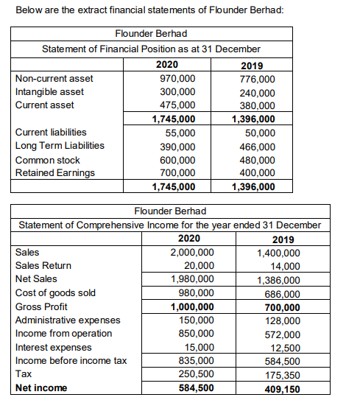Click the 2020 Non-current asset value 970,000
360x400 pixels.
pos(177,78)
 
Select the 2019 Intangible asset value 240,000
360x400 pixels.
pos(258,93)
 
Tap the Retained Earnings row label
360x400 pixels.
pos(55,173)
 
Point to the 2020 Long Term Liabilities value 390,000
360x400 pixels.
pos(177,146)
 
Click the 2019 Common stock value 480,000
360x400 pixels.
pos(258,160)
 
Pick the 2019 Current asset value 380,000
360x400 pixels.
pos(258,105)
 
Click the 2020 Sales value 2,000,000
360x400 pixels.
pos(193,252)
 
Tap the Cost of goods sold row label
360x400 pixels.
pos(55,292)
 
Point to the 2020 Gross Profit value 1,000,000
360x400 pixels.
pos(193,307)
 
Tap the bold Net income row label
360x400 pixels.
pos(41,387)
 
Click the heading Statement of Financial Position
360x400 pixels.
pos(151,49)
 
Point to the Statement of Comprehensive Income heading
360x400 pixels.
pos(169,224)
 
